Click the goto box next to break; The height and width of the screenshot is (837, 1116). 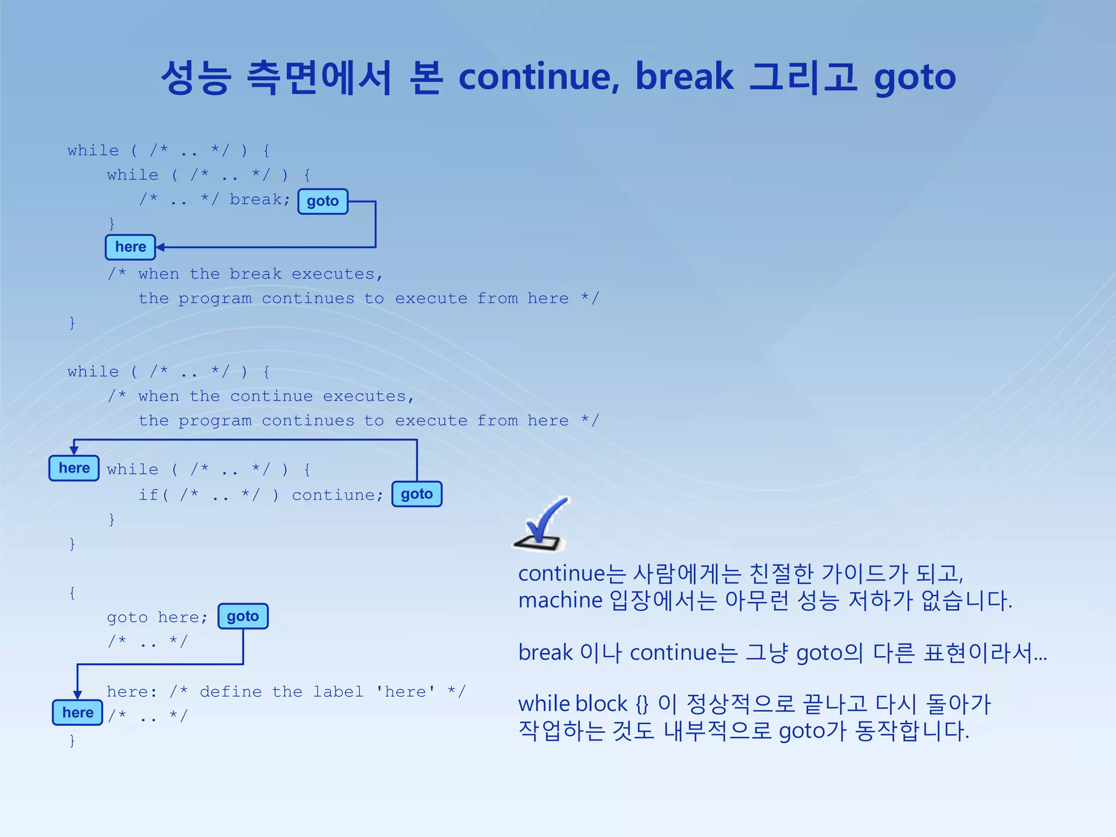323,201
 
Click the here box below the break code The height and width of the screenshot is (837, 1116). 130,247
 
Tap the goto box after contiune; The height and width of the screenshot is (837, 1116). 417,494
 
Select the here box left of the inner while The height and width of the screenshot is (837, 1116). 74,468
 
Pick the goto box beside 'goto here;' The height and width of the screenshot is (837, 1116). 243,616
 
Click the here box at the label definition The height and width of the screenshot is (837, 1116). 77,712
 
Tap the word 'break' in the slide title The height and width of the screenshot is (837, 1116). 684,77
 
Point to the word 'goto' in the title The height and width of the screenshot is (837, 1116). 915,78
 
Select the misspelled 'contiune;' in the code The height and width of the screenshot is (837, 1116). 337,495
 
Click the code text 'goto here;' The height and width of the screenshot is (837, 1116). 157,617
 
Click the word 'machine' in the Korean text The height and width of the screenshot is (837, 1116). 560,601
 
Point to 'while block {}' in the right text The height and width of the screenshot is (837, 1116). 584,704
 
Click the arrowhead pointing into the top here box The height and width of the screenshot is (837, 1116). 160,247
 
